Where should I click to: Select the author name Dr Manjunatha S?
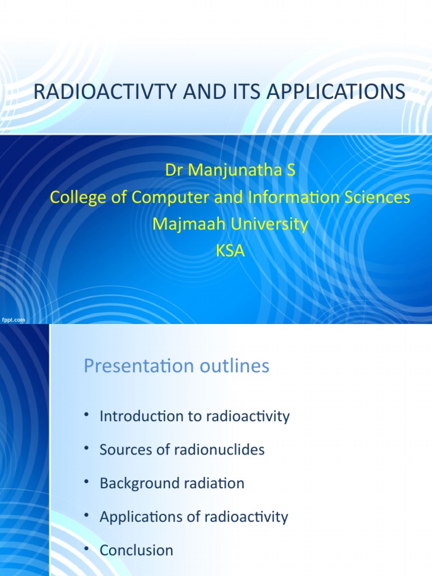click(x=229, y=170)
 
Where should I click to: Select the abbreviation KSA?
click(x=230, y=251)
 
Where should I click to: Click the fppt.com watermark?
click(x=13, y=319)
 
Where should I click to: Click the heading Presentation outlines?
click(x=177, y=366)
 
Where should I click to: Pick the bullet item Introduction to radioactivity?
click(x=195, y=416)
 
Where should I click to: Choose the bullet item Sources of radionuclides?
click(x=182, y=449)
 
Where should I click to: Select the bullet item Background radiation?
click(x=172, y=483)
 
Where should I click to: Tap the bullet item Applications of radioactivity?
click(x=193, y=517)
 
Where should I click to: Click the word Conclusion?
click(x=136, y=550)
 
